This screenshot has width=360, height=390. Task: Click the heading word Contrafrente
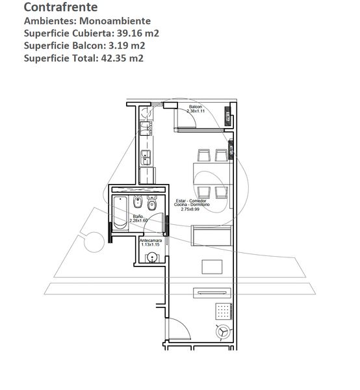click(60, 7)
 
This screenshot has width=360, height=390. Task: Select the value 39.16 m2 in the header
click(138, 33)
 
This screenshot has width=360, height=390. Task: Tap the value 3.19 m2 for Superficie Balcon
click(127, 45)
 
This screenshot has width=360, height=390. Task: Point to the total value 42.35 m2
click(122, 58)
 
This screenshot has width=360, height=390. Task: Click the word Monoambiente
click(115, 21)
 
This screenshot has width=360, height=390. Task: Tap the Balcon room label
click(196, 107)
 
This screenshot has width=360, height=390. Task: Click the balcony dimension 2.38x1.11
click(196, 111)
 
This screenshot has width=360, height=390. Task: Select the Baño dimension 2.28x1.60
click(138, 220)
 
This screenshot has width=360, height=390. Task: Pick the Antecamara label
click(151, 240)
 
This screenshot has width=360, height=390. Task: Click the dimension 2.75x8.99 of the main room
click(190, 209)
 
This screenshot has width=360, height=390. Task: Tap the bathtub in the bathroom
click(120, 213)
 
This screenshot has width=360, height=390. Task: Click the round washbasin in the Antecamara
click(151, 257)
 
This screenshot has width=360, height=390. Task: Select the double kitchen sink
click(146, 157)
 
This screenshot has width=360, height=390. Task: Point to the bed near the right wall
click(211, 235)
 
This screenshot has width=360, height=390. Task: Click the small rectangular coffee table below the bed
click(212, 267)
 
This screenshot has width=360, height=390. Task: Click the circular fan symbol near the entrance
click(223, 332)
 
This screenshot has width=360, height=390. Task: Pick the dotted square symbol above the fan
click(224, 311)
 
